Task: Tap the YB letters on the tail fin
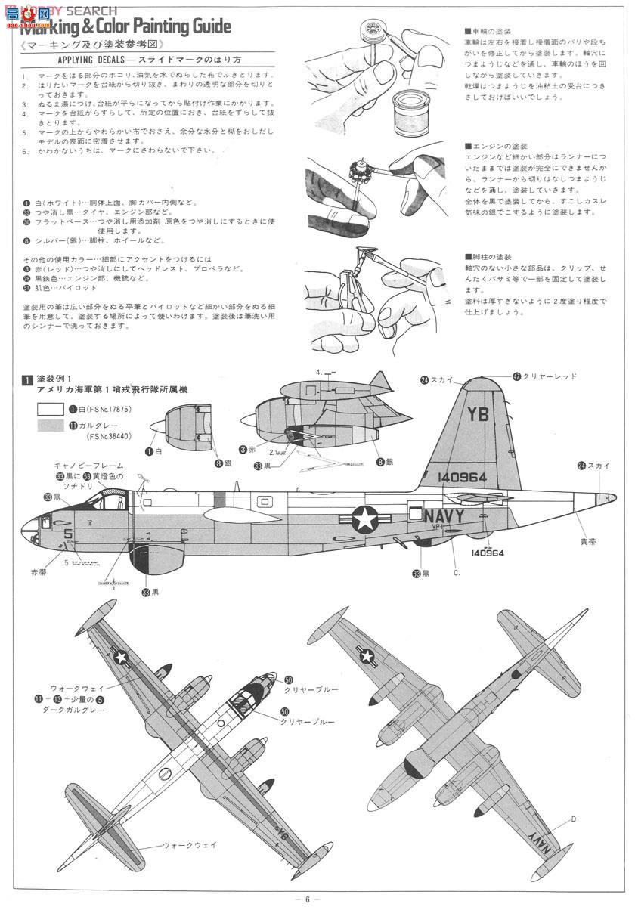pos(478,414)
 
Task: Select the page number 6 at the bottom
pos(307,898)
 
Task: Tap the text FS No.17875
pos(113,409)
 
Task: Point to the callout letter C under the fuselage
pos(456,572)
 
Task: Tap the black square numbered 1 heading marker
pos(26,379)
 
